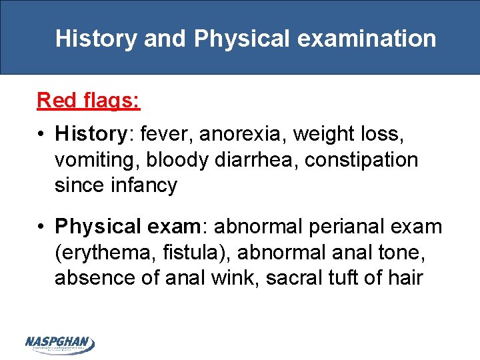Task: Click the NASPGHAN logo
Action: point(59,344)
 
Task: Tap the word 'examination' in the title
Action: point(367,39)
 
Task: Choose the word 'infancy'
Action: point(144,185)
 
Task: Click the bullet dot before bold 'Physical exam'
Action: point(42,227)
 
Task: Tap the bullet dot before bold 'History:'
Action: point(42,135)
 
